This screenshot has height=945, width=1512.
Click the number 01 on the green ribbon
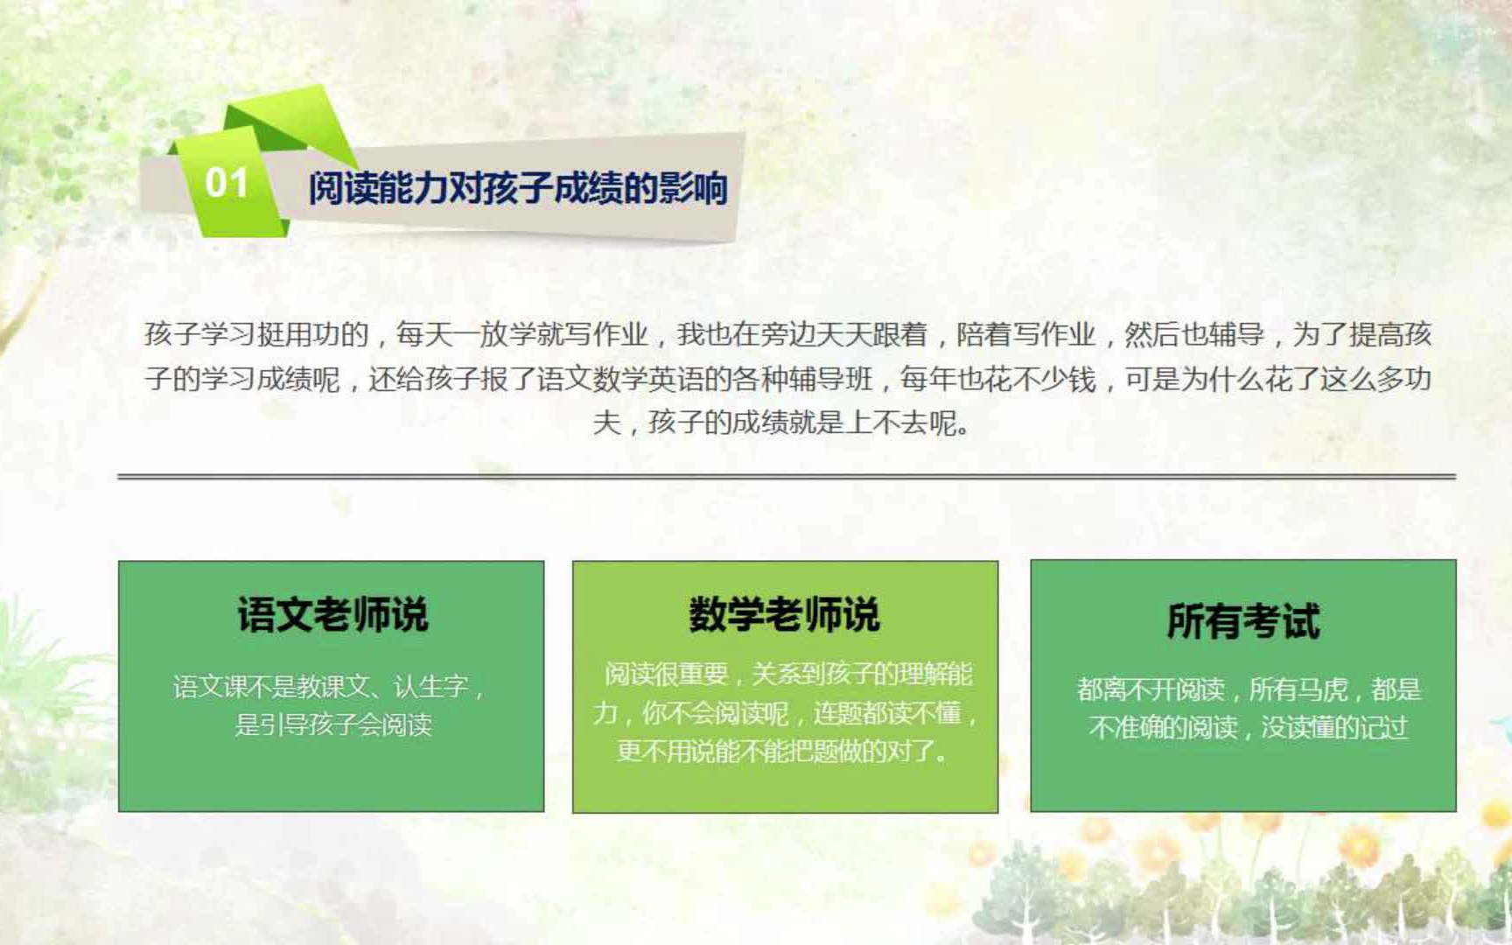point(227,183)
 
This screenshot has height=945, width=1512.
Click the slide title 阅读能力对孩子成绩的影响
point(518,188)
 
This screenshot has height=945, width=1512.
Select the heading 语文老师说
point(332,614)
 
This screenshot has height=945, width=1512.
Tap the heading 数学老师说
point(784,614)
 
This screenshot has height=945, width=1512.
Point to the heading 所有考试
point(1243,621)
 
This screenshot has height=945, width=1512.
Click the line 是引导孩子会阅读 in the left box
point(332,724)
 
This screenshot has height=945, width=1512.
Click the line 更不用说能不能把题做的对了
point(783,751)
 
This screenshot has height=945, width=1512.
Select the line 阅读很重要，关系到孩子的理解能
point(787,674)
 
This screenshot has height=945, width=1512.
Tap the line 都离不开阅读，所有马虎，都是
point(1249,689)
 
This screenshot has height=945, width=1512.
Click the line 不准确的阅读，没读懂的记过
point(1249,727)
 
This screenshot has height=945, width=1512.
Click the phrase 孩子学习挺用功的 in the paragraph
point(256,334)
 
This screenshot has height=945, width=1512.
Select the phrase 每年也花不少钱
point(997,379)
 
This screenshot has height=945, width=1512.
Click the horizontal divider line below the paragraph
point(786,477)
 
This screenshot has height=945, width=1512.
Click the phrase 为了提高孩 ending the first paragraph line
point(1362,334)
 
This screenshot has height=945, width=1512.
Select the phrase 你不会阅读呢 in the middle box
point(716,713)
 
